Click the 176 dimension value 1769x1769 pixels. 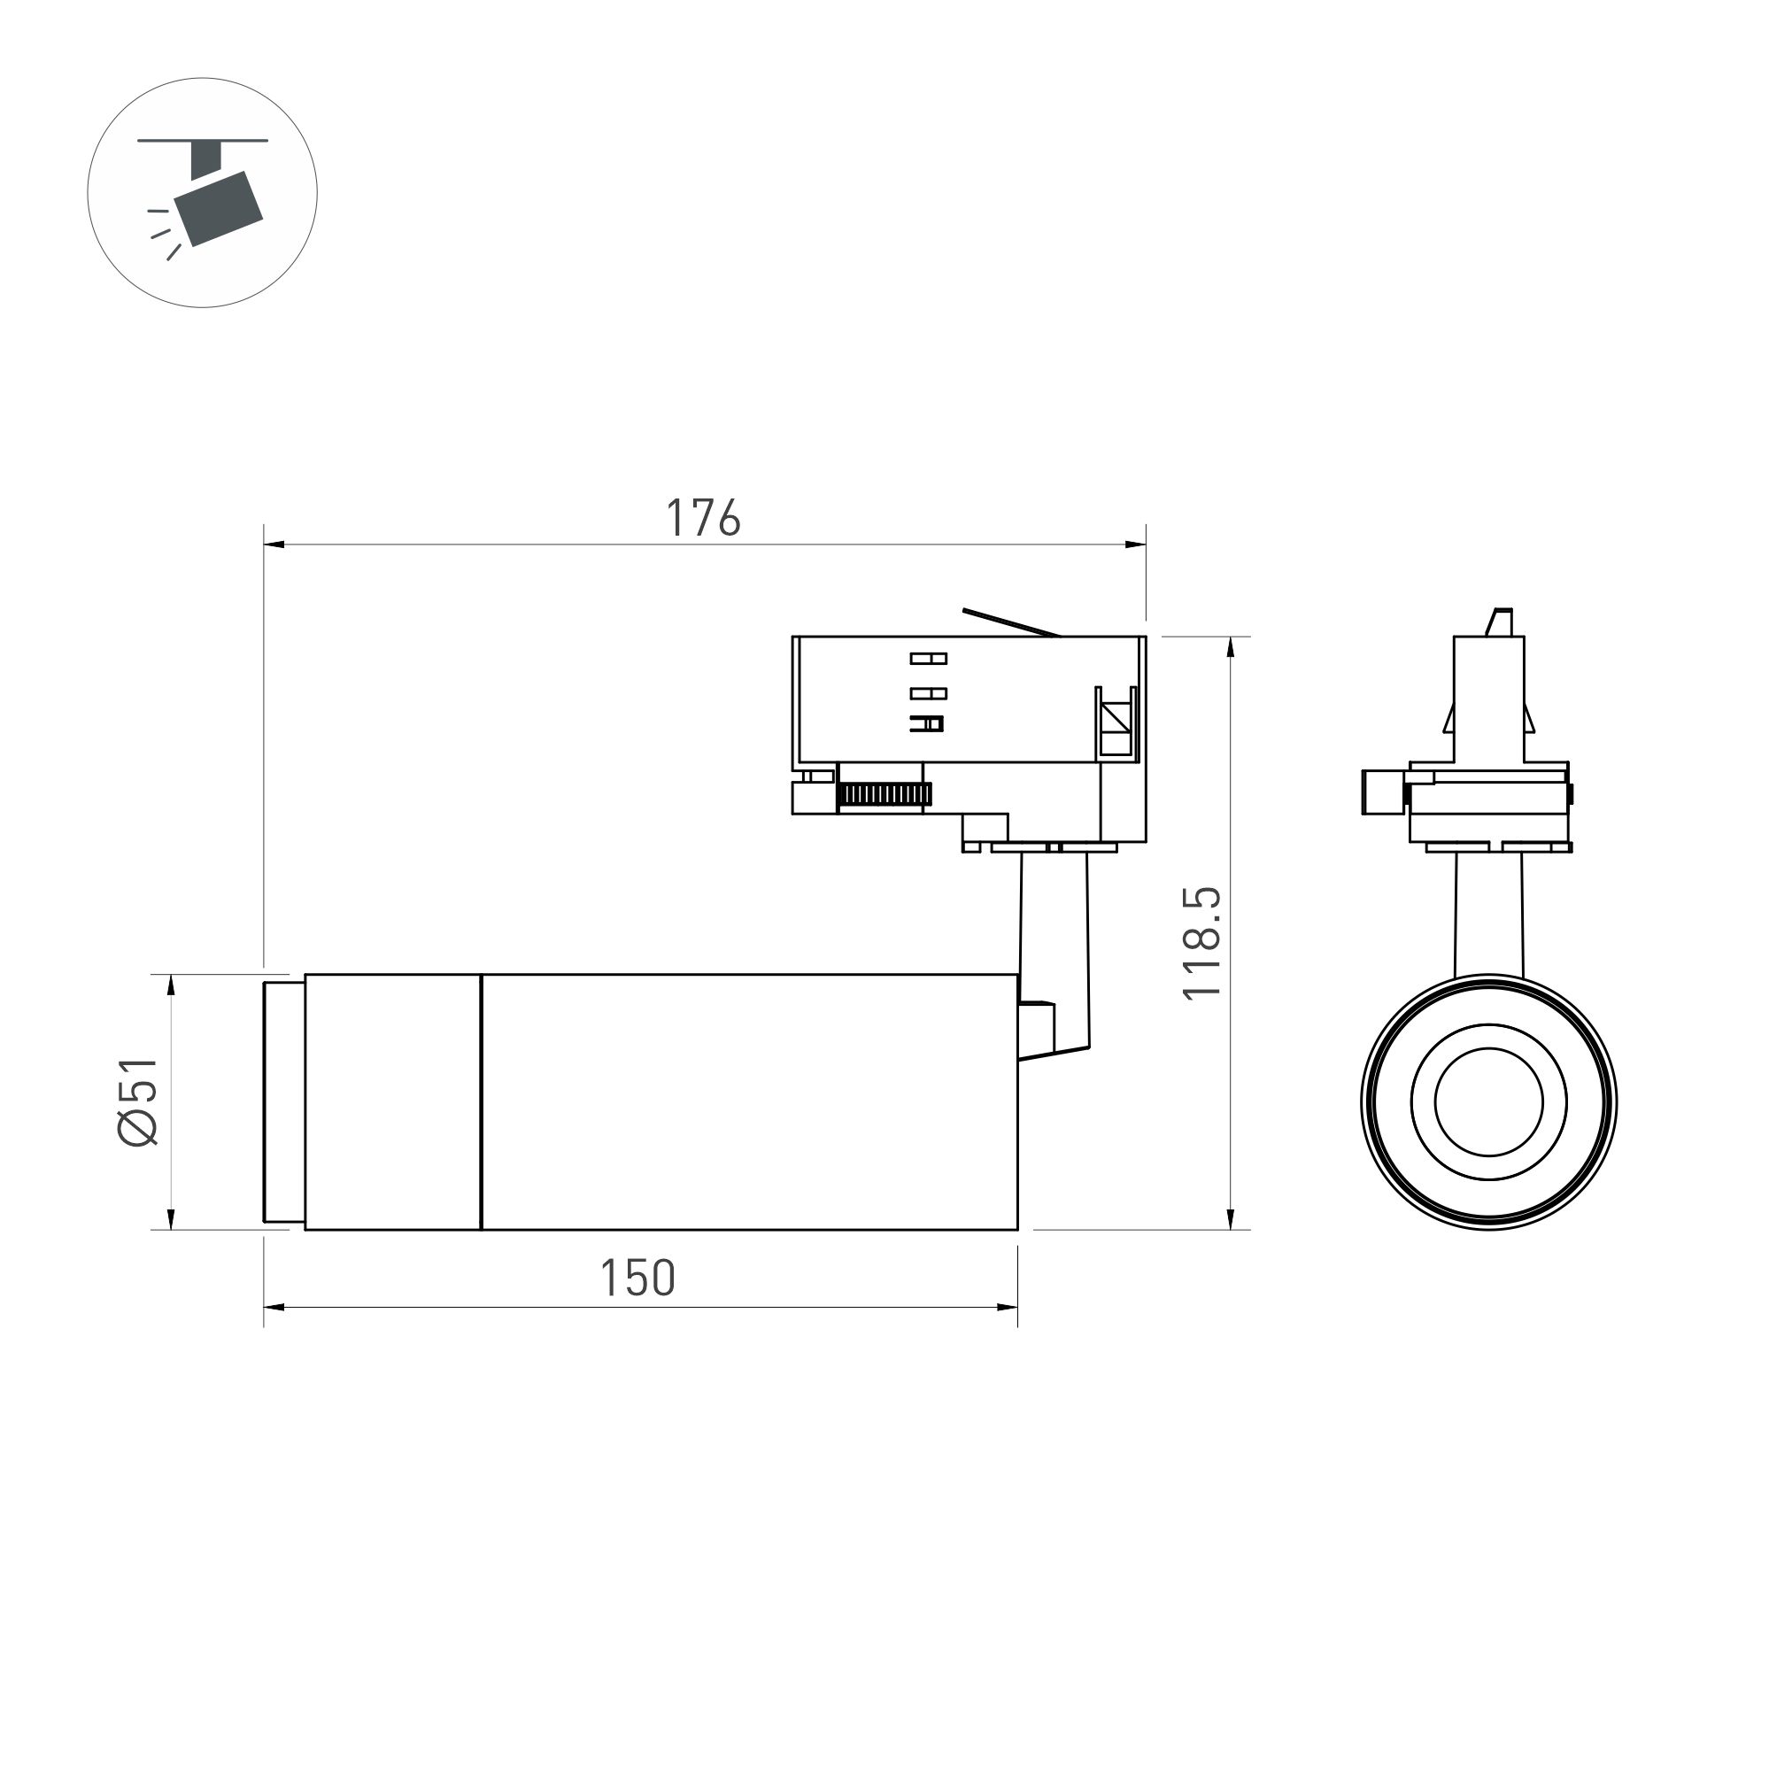pyautogui.click(x=702, y=518)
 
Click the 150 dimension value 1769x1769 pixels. pyautogui.click(x=637, y=1278)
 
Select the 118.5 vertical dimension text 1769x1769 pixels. pyautogui.click(x=1202, y=943)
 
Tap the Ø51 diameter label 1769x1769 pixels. pyautogui.click(x=139, y=1101)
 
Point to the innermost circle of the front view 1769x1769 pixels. pyautogui.click(x=1488, y=1101)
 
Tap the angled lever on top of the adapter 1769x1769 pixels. pyautogui.click(x=1011, y=622)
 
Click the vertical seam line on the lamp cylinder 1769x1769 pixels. pyautogui.click(x=481, y=1101)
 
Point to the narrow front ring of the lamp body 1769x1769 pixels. pyautogui.click(x=284, y=1101)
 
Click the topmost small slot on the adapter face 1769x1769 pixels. pyautogui.click(x=928, y=659)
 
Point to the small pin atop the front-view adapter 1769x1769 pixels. pyautogui.click(x=1500, y=622)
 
